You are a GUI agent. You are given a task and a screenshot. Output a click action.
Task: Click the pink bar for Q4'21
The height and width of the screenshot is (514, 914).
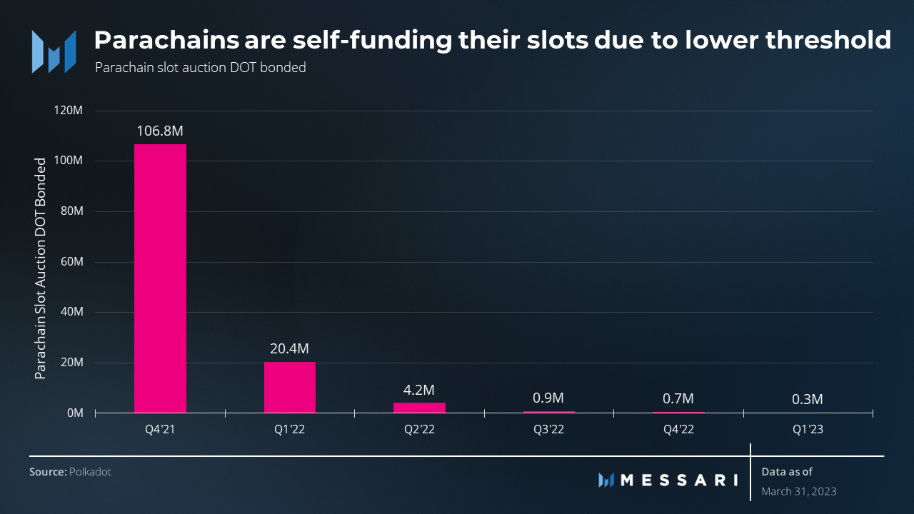coord(160,278)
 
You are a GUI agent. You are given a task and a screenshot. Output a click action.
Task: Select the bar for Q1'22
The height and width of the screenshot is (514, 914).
coord(290,387)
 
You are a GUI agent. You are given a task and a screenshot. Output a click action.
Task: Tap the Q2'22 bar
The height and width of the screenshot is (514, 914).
coord(419,408)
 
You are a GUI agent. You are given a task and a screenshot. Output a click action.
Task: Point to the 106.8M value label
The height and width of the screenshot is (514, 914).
coord(161,131)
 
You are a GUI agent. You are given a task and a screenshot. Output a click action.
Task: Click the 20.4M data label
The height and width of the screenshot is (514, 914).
coord(290,348)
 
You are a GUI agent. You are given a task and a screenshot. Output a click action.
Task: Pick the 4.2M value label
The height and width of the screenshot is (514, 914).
coord(419,390)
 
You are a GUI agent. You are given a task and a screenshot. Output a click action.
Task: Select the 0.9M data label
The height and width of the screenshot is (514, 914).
coord(549,398)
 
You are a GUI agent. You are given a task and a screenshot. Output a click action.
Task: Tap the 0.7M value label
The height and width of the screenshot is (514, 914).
coord(678,398)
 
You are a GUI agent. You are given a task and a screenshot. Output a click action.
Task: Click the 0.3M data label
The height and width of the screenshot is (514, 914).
coord(808,399)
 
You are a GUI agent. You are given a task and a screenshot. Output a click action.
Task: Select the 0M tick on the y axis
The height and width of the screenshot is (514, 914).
coord(76,413)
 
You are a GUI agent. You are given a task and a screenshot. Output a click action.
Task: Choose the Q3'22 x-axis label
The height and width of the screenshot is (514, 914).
coord(549,430)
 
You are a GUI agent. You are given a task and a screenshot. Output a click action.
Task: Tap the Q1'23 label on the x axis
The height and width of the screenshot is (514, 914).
coord(808,430)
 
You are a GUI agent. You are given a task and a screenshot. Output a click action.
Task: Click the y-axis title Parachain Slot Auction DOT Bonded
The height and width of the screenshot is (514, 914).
coord(41,268)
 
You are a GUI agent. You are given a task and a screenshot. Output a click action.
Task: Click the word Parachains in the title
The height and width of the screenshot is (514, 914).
coord(166,40)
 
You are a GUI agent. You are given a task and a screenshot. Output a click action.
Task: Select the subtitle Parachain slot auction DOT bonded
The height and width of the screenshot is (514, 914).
coord(200,69)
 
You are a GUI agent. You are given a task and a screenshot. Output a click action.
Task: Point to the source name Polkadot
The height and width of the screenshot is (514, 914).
coord(90,472)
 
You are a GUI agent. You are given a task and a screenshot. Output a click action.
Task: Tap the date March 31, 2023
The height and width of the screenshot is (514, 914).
coord(799,491)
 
